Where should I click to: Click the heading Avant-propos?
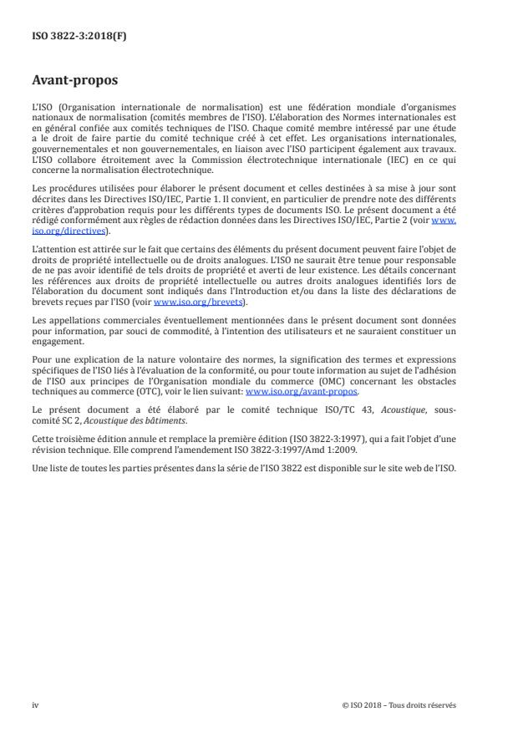tap(74, 81)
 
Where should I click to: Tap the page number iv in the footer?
tap(35, 704)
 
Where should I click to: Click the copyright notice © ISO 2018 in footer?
tap(399, 704)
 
